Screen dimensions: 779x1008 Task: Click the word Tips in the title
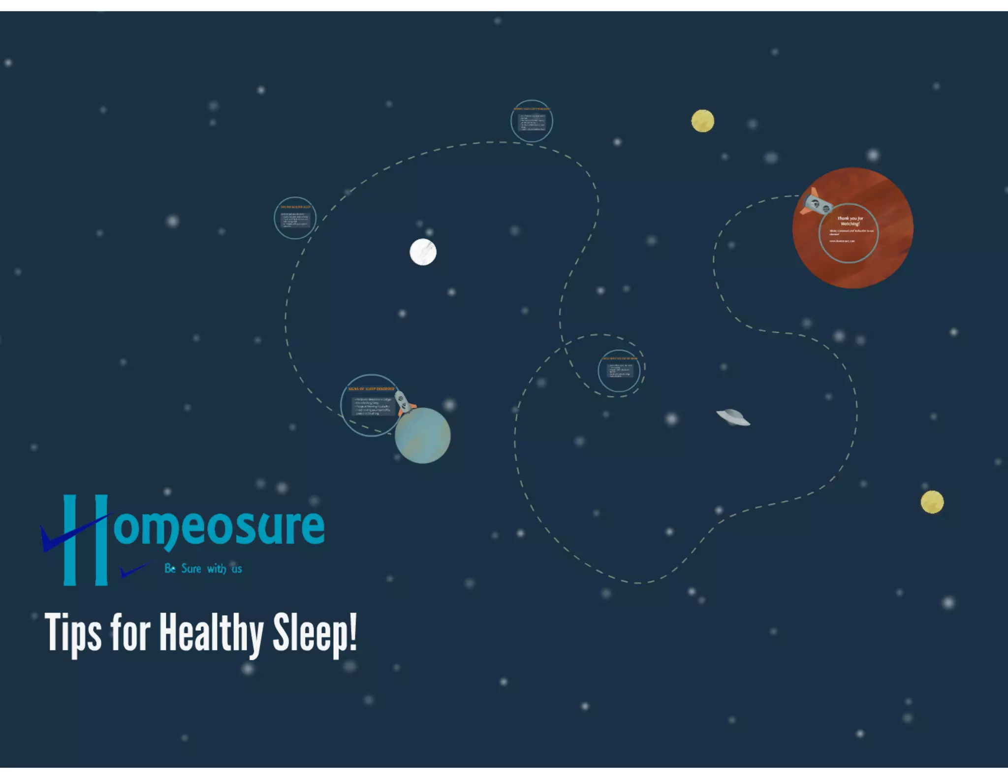pos(73,633)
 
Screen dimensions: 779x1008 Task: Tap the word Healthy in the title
pos(211,633)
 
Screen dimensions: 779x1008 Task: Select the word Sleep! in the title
pos(315,633)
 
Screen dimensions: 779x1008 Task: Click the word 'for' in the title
pos(130,632)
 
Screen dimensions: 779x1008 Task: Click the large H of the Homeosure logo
pos(86,540)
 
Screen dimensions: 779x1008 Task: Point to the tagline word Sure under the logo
pos(191,569)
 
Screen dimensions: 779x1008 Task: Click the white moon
pos(423,252)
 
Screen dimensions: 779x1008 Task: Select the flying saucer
pos(733,417)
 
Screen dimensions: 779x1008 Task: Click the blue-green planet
pos(423,436)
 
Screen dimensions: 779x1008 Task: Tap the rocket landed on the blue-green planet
pos(404,402)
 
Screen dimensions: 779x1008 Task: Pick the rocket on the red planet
pos(816,203)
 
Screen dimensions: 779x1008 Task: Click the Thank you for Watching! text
pos(850,221)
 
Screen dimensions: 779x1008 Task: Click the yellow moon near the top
pos(702,121)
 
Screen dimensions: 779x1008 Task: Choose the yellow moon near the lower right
pos(932,502)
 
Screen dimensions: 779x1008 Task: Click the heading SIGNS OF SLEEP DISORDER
pos(371,389)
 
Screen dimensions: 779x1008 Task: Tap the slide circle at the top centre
pos(532,121)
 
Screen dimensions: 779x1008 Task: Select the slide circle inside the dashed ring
pos(619,371)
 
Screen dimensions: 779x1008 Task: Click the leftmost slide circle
pos(295,218)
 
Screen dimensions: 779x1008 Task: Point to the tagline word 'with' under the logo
pos(217,569)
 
